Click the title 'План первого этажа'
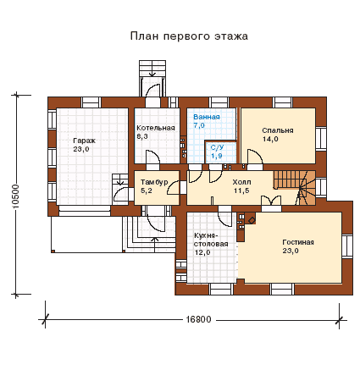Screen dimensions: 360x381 189,36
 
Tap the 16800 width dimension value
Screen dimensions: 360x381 198,319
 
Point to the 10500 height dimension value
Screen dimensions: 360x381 16,196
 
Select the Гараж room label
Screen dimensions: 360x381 84,141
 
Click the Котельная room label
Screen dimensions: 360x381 156,128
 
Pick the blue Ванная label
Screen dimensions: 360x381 207,117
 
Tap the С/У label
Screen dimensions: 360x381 217,147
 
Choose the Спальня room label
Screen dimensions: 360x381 278,130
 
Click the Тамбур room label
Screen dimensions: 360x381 154,182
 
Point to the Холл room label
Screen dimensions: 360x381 241,182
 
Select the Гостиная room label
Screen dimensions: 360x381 298,242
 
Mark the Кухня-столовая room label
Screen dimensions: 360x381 211,240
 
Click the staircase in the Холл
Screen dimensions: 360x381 294,188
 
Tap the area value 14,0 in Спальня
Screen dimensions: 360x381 270,139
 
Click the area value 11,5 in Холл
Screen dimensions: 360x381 241,190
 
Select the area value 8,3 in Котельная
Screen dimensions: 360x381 142,136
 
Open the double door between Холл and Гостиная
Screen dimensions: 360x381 271,201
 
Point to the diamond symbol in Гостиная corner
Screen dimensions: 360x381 252,220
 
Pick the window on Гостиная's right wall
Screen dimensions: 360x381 347,246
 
